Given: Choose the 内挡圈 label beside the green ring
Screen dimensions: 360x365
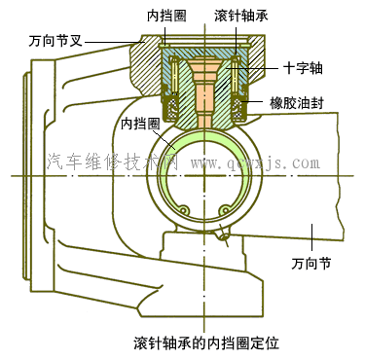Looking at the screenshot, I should point(140,125).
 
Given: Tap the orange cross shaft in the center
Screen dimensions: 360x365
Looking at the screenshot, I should point(204,97).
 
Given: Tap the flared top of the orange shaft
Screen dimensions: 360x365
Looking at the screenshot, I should point(204,63).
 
